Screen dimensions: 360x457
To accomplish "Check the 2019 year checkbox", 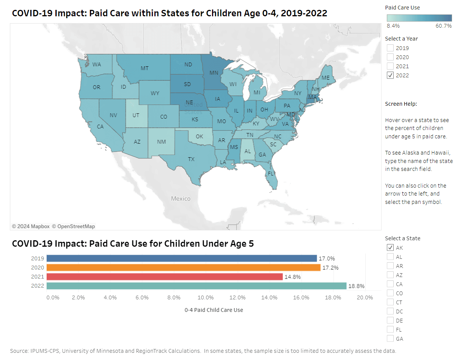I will point(390,48).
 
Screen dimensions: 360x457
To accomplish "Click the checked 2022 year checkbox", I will point(390,75).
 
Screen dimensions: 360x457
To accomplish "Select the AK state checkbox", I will point(390,248).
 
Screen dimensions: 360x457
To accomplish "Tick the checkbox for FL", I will point(390,330).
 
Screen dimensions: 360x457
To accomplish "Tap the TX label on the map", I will point(191,159).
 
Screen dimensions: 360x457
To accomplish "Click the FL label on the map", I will point(270,174).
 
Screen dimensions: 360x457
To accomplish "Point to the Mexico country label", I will point(181,199).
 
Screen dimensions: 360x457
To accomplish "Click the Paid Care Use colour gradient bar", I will point(419,18).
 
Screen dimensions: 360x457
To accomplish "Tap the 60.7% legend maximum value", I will point(444,26).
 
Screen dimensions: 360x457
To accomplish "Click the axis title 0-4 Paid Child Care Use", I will point(214,310).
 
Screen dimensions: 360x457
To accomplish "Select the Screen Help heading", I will point(401,104).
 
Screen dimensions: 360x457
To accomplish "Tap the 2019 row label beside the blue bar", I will point(38,258).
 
